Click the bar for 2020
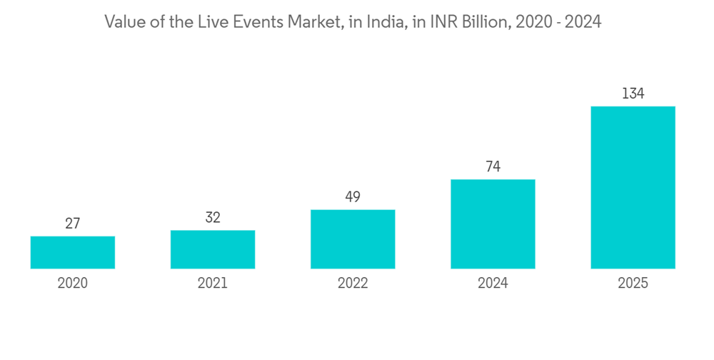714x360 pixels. [73, 252]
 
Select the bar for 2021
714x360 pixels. [213, 249]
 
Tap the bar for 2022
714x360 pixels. [353, 239]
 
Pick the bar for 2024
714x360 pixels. [493, 224]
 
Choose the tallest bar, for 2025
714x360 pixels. [633, 187]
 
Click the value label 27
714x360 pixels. [73, 224]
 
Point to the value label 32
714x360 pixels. [213, 218]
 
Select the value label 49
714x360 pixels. [353, 197]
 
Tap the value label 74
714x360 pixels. [493, 167]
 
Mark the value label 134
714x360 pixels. [633, 94]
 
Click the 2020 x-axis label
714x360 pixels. [73, 284]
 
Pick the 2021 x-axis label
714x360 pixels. [213, 284]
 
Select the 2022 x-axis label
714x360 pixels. [353, 284]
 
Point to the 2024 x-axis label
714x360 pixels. [493, 284]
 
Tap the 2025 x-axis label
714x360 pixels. [633, 284]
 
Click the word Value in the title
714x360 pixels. [122, 23]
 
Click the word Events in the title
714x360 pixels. [259, 23]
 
